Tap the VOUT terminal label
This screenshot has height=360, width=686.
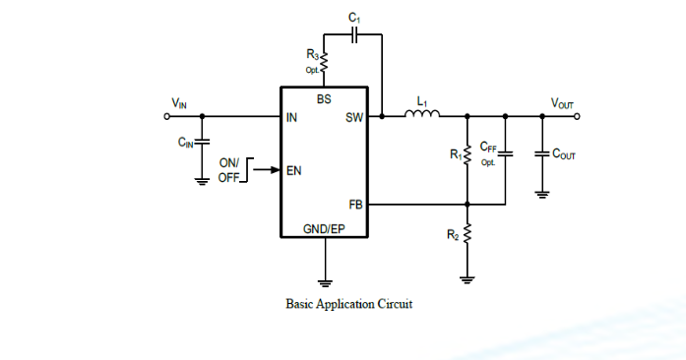pos(563,103)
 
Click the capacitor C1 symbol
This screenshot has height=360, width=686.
pos(356,33)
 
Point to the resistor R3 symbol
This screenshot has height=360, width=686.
pos(325,64)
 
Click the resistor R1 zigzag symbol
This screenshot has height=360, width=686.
pos(468,154)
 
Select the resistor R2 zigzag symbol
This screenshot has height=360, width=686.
pos(468,235)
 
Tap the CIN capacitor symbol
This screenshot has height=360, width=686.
pos(202,143)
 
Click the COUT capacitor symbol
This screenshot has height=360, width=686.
pos(541,153)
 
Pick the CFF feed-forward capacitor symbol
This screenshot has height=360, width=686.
pos(504,153)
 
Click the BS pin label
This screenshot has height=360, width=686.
pos(324,99)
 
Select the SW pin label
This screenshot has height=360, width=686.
pos(354,118)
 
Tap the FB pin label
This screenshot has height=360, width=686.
pos(356,204)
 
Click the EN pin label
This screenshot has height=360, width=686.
pos(293,170)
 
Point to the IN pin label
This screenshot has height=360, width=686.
pos(291,118)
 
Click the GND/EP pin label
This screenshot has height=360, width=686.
pos(324,228)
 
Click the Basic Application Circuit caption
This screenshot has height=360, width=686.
pos(348,304)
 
